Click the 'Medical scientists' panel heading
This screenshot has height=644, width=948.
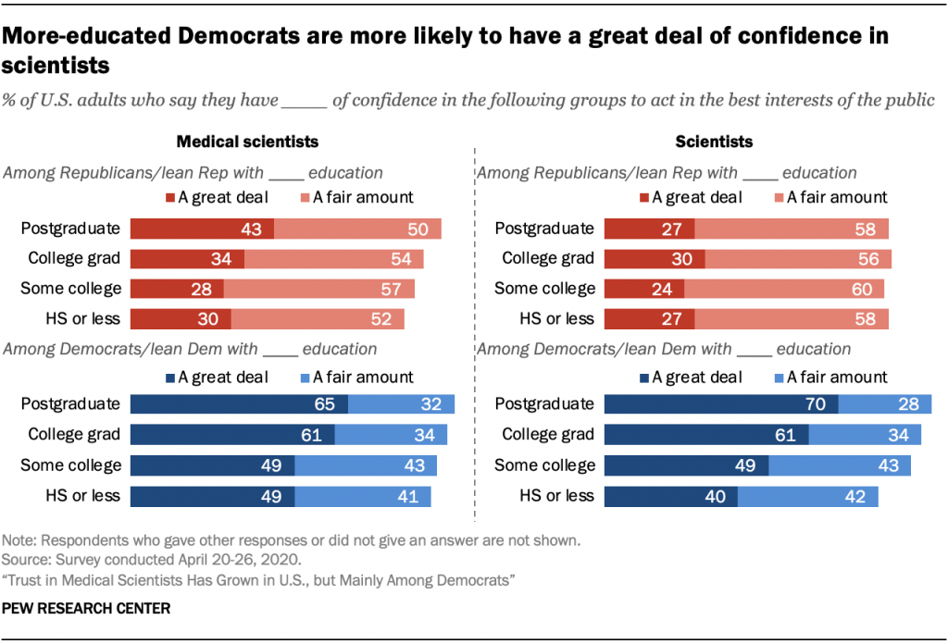pyautogui.click(x=247, y=142)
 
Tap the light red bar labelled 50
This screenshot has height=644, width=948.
pyautogui.click(x=357, y=229)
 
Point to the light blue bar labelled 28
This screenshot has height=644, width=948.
pyautogui.click(x=884, y=404)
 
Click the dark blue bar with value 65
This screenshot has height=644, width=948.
pyautogui.click(x=239, y=404)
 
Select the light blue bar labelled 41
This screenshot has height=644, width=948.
pyautogui.click(x=363, y=496)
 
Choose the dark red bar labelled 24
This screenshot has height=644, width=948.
pyautogui.click(x=644, y=289)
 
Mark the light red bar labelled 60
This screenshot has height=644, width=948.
pyautogui.click(x=784, y=289)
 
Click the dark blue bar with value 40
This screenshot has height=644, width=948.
pyautogui.click(x=670, y=496)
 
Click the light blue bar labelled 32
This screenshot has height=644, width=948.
pyautogui.click(x=401, y=404)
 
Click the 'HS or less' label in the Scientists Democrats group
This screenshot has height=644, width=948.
pyautogui.click(x=555, y=496)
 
